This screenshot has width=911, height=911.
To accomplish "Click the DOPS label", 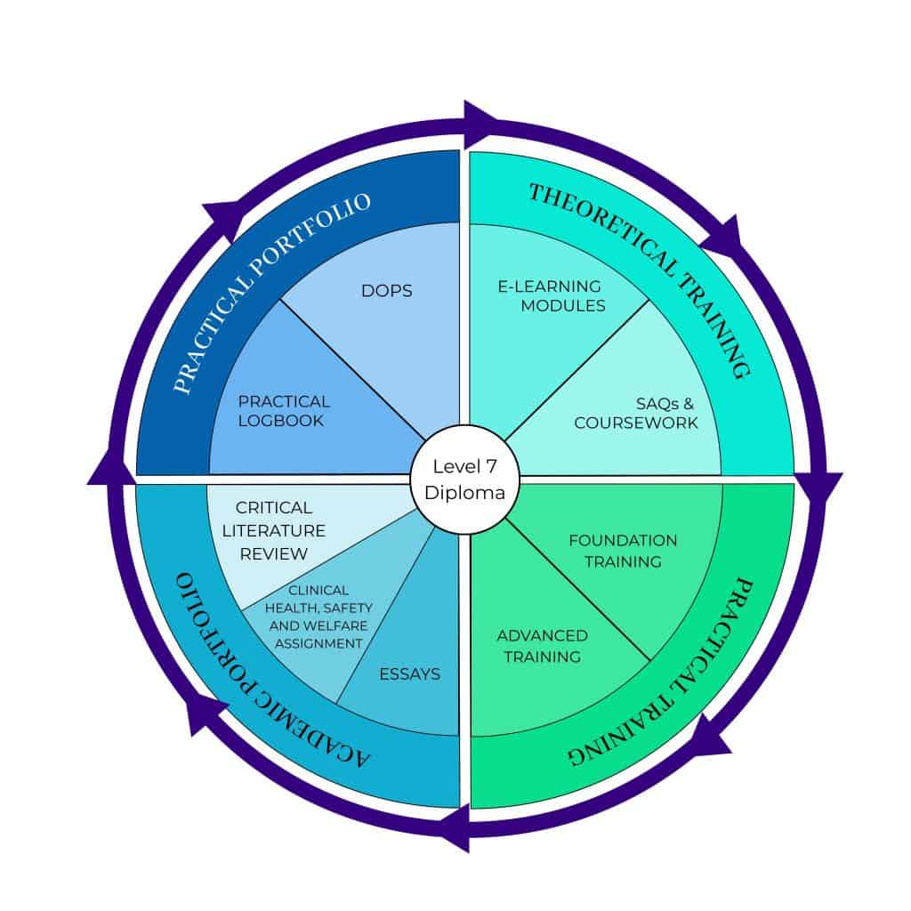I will [387, 291].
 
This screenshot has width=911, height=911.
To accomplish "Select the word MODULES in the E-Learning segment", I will [563, 306].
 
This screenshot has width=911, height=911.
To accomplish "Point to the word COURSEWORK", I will [636, 423].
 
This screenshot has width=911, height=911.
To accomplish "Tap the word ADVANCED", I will [542, 635].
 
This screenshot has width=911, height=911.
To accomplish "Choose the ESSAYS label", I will [409, 674].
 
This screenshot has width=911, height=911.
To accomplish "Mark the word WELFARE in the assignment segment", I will [320, 625].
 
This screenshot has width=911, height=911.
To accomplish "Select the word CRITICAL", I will [274, 508].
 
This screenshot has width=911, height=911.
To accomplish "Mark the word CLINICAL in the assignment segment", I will [319, 590].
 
